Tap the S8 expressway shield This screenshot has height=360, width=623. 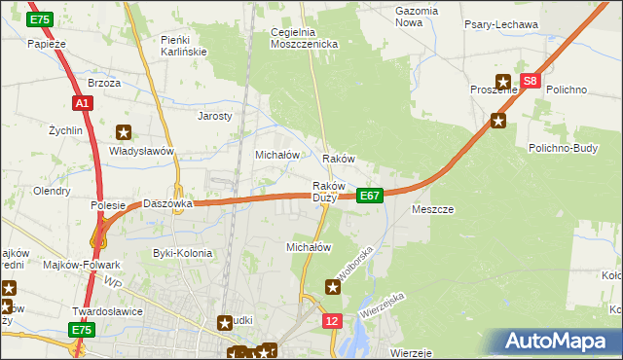(x=530, y=83)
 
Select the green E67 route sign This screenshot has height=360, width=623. (x=369, y=196)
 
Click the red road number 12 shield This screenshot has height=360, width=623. (x=333, y=320)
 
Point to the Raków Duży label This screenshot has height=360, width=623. (x=329, y=192)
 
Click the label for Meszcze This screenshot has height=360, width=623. (x=432, y=209)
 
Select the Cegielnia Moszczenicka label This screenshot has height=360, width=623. (x=303, y=38)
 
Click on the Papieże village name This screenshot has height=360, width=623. (x=46, y=43)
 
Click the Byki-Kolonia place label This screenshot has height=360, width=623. (x=182, y=253)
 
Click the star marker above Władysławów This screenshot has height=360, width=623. (x=124, y=132)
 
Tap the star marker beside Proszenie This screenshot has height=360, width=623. (x=503, y=83)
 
